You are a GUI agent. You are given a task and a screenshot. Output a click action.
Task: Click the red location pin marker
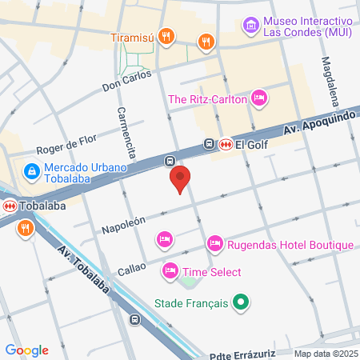click(181, 178)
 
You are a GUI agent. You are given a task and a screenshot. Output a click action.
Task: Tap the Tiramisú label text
click(132, 35)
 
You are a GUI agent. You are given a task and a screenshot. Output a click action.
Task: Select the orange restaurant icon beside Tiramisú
click(166, 35)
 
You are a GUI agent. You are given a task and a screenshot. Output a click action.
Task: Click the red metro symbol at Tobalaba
click(10, 206)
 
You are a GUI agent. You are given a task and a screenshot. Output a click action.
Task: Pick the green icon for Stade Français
click(239, 303)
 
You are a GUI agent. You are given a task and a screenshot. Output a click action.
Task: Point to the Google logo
click(26, 350)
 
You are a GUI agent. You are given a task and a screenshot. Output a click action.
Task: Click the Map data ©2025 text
click(325, 354)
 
